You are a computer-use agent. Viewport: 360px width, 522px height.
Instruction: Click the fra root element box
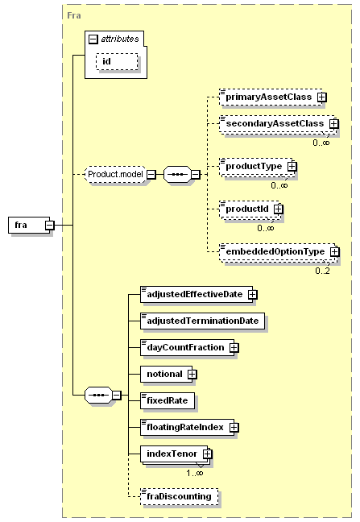pos(29,225)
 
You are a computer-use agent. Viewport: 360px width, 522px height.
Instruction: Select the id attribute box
pos(117,61)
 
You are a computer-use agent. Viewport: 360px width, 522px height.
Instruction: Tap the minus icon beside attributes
pos(93,39)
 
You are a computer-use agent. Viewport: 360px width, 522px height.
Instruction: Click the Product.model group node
pos(115,174)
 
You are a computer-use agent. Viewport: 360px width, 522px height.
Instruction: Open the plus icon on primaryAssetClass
pos(321,97)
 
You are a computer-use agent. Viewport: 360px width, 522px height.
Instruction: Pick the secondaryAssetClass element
pos(278,124)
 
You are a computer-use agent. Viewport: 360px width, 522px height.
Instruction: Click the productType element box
pos(257,166)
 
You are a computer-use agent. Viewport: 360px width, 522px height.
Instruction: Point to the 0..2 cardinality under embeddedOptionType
pos(322,271)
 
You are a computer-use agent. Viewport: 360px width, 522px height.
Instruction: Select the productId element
pos(250,209)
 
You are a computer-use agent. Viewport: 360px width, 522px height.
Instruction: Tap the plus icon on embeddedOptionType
pos(335,251)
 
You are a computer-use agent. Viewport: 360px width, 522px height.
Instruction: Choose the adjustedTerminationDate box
pos(203,321)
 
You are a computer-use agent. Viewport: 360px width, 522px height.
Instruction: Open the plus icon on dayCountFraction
pos(234,347)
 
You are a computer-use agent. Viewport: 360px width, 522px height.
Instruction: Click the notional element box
pos(167,375)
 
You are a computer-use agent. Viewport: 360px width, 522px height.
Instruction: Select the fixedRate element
pos(168,401)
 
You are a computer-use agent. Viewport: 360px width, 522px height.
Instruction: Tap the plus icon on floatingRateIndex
pos(234,428)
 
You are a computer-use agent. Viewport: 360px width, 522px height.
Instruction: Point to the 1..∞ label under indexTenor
pos(195,473)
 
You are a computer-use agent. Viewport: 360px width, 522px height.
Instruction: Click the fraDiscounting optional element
pos(180,497)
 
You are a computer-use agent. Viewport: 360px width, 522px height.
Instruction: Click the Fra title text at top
pos(74,15)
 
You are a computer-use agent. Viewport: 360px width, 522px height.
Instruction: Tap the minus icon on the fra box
pos(50,226)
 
